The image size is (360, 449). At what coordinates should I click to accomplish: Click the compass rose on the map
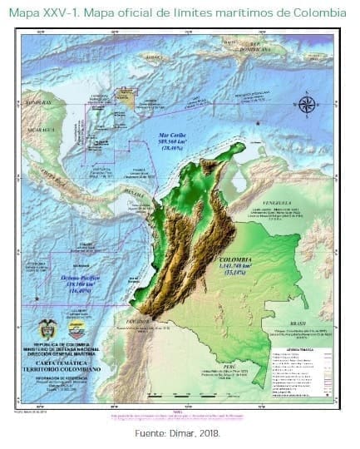308,104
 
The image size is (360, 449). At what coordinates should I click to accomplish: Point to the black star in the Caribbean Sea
258,123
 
